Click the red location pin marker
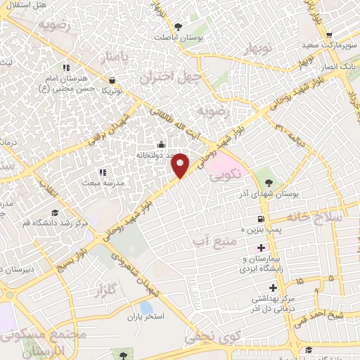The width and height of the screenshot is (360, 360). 181,165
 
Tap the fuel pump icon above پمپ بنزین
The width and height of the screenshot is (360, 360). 262,219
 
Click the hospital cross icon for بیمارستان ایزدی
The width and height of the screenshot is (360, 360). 262,248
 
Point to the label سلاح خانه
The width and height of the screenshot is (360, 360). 319,217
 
